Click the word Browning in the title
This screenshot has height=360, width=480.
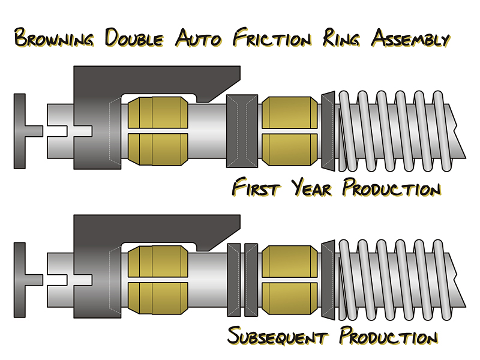point(54,39)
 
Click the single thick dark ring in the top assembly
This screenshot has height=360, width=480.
point(241,131)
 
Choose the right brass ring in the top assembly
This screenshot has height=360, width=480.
point(289,131)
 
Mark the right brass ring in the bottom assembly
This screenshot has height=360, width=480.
point(289,280)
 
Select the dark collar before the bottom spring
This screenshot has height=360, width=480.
point(327,280)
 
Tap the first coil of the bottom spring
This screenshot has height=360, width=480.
point(346,280)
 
